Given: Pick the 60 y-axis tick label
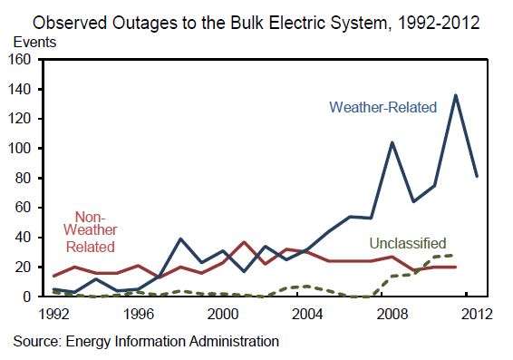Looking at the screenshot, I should (25, 208).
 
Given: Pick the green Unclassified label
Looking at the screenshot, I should (407, 243).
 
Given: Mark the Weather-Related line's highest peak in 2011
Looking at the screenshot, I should (454, 95).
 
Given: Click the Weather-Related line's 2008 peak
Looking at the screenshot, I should (392, 142).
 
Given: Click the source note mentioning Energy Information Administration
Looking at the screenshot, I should (146, 341).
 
